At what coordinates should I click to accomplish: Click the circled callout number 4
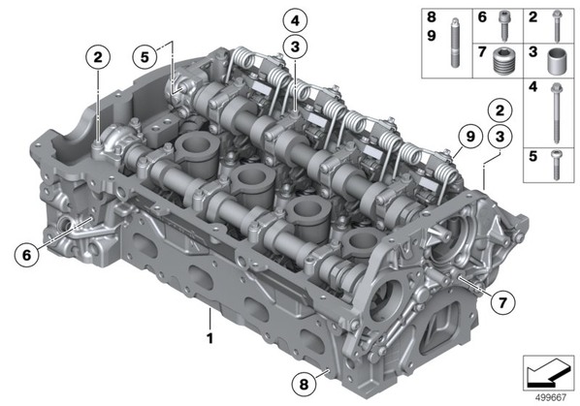point(295,20)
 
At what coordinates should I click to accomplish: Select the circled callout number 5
point(145,57)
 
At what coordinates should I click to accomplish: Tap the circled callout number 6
point(26,255)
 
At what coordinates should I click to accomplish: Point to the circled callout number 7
point(502,302)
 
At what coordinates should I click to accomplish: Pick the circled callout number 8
point(304,385)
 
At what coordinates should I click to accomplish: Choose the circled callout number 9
point(469,137)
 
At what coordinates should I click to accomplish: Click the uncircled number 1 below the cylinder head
point(210,338)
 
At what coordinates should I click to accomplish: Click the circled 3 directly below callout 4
point(295,47)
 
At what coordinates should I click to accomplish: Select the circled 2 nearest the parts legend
point(499,110)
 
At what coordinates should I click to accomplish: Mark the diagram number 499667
point(551,397)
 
